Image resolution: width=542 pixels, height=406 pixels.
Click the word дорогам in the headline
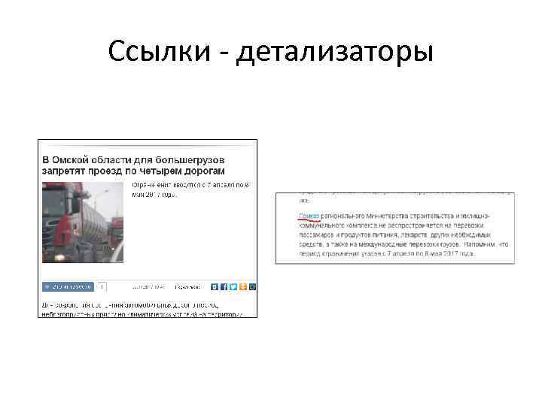[202, 171]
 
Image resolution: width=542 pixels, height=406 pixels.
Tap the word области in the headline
[114, 159]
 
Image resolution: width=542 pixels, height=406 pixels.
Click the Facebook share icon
[224, 286]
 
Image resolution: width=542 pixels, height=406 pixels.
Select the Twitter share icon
[233, 286]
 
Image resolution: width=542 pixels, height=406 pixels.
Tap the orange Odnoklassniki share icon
[243, 286]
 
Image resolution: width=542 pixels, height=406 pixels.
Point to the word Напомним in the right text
[476, 244]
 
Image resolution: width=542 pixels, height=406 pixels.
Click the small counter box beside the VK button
[102, 286]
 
